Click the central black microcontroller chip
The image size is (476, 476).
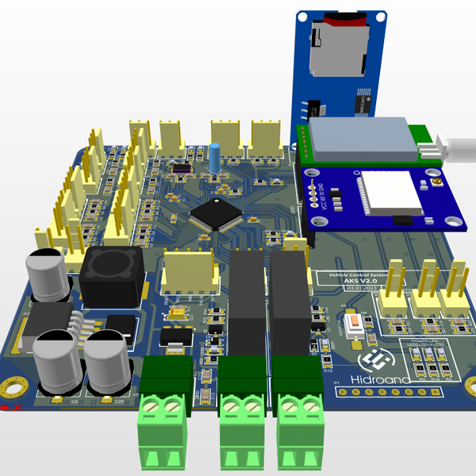coord(213,214)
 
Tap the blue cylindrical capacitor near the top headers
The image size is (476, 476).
coord(215,158)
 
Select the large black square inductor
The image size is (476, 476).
coord(110,274)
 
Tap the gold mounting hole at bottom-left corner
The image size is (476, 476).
coord(13,388)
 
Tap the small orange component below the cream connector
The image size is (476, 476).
coord(178,315)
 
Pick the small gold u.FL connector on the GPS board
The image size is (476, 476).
coord(437,184)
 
